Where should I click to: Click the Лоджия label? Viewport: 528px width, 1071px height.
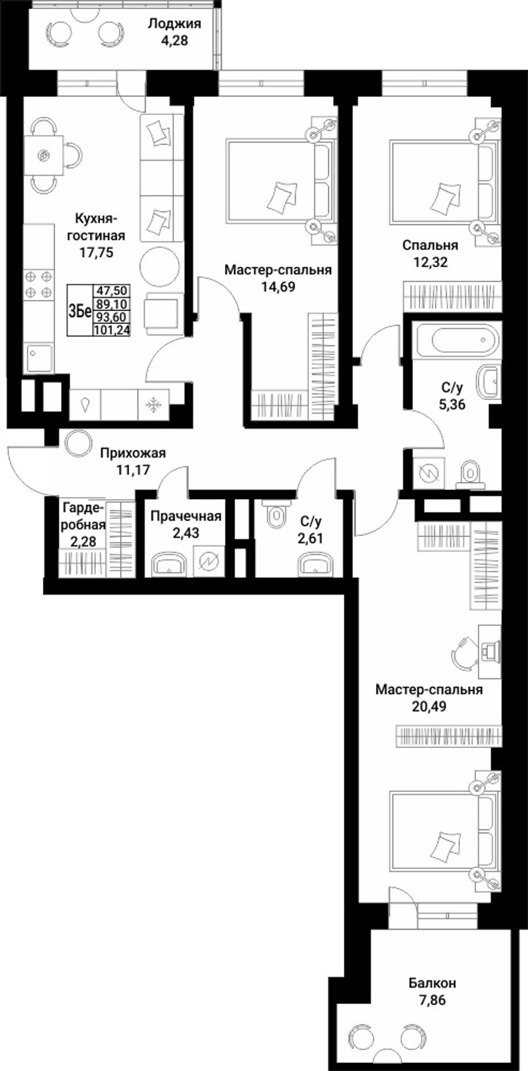[167, 24]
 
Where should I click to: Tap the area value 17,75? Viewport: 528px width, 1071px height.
[96, 252]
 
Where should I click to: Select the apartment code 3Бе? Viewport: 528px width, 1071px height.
[79, 312]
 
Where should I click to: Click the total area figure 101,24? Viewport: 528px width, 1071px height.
[112, 329]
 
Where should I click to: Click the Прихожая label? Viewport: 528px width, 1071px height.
[133, 453]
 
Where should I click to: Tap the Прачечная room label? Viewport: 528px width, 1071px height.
[186, 516]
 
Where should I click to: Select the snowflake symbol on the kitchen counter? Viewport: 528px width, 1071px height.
[154, 405]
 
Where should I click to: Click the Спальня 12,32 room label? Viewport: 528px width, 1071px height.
[430, 253]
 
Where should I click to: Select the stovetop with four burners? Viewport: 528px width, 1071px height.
[39, 285]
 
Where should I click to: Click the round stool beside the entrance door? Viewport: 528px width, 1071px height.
[74, 441]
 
